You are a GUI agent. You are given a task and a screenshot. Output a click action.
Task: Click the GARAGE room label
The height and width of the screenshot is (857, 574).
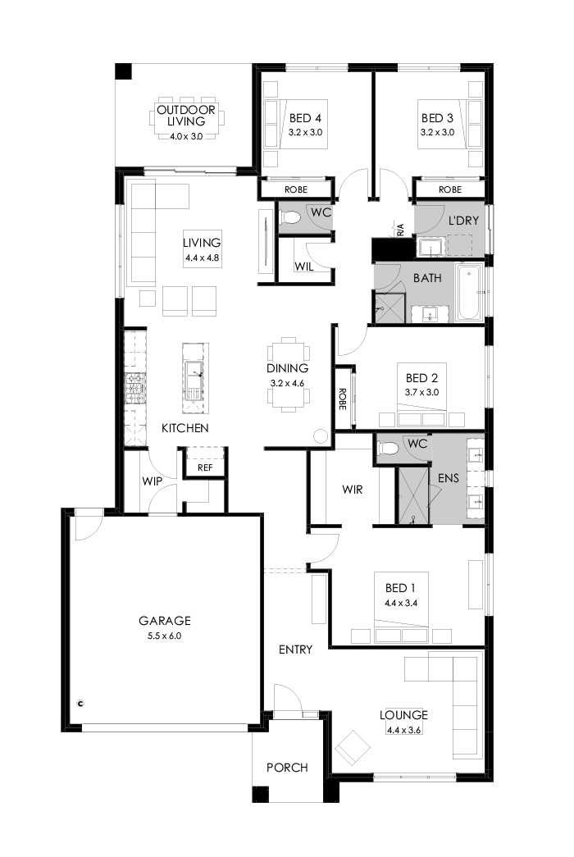tap(164, 621)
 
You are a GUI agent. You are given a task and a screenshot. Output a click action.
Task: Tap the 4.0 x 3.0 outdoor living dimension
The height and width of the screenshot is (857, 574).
tap(186, 136)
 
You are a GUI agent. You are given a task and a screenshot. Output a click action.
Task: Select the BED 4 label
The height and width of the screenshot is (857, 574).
tap(305, 117)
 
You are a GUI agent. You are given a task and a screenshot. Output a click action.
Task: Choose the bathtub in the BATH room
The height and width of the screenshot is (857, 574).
tap(470, 293)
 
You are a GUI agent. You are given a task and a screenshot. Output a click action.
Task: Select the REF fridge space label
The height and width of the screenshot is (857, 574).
tap(205, 468)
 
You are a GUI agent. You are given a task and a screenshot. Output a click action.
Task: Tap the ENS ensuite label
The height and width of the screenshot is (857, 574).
tap(448, 478)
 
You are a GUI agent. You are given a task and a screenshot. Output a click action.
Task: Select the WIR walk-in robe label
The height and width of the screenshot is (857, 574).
tap(353, 490)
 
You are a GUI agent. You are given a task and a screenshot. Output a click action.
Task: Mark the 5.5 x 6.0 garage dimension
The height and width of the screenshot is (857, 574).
tap(164, 635)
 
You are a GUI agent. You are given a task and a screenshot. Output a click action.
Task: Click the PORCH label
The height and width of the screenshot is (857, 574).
tap(287, 768)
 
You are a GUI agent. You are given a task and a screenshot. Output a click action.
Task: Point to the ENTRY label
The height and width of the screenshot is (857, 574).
tap(295, 650)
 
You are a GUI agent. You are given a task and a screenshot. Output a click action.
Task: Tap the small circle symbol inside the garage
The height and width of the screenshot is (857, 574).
tap(80, 703)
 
